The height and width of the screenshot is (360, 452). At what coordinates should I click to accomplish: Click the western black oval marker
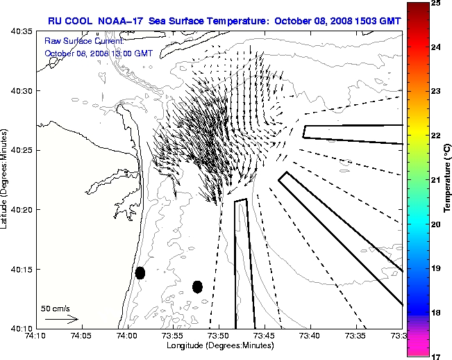pyautogui.click(x=140, y=272)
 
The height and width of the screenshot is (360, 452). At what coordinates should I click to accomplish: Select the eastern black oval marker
pyautogui.click(x=197, y=286)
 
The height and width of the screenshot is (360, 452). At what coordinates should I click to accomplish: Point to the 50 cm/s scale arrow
pyautogui.click(x=61, y=320)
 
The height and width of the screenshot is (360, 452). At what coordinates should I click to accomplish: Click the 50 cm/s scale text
pyautogui.click(x=56, y=308)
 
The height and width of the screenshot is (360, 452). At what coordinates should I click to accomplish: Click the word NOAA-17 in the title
pyautogui.click(x=124, y=20)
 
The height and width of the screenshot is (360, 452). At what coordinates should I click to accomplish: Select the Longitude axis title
pyautogui.click(x=218, y=345)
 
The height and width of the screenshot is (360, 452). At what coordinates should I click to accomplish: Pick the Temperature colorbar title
pyautogui.click(x=449, y=179)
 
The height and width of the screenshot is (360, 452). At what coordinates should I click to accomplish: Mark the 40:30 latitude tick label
pyautogui.click(x=22, y=91)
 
